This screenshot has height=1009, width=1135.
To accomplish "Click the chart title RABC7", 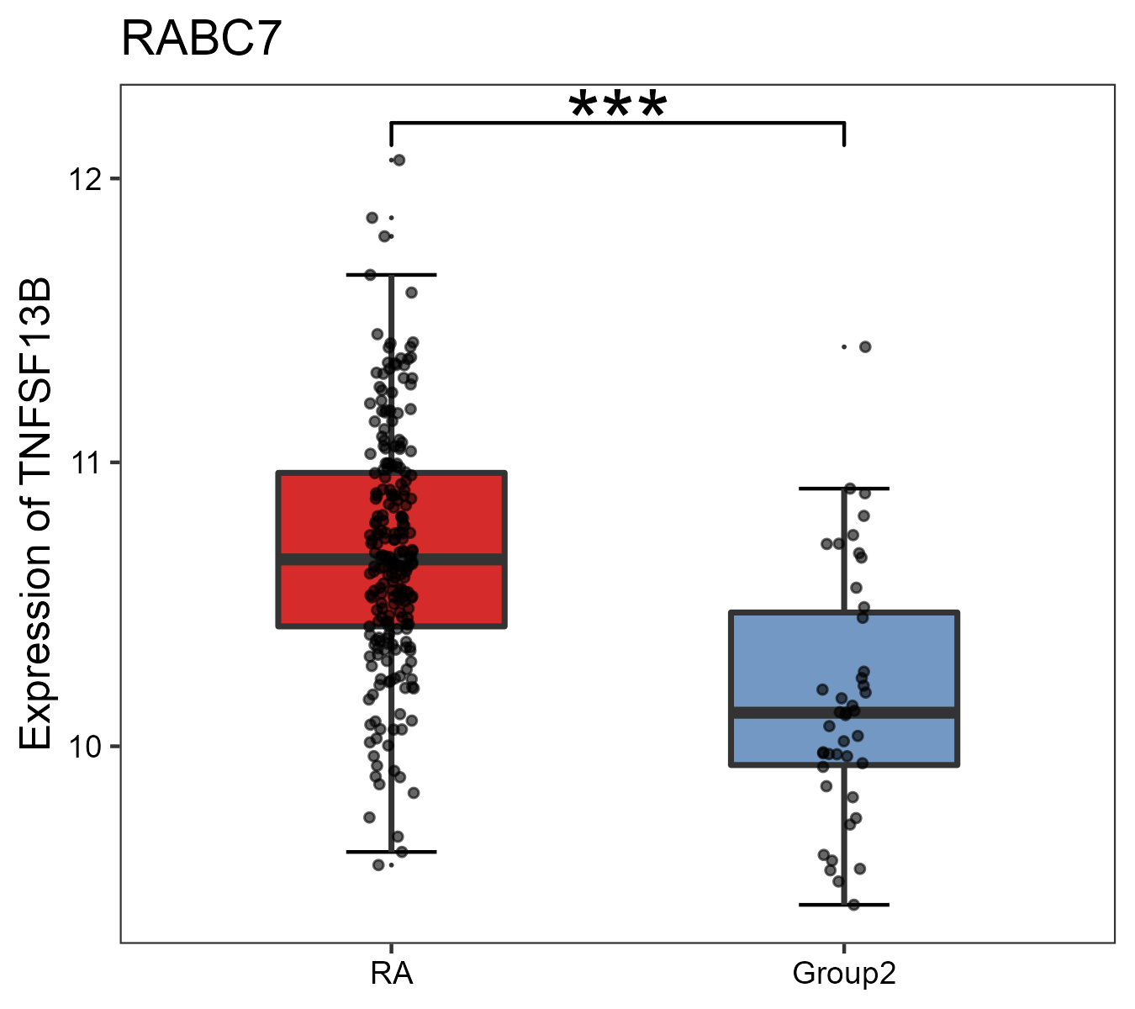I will tap(201, 40).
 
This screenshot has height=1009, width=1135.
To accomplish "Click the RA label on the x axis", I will tap(391, 974).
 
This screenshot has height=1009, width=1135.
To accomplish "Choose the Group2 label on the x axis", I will tap(844, 974).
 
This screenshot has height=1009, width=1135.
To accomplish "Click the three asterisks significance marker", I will tap(618, 106).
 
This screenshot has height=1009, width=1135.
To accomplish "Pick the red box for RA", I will tap(319, 513).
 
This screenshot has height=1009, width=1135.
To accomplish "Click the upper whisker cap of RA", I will tap(391, 275).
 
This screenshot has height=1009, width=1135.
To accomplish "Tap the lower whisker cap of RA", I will tap(391, 852).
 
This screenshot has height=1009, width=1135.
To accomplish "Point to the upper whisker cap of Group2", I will tap(844, 488).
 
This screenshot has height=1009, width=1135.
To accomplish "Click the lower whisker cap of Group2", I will tap(844, 905).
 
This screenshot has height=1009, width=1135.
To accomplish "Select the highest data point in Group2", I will tap(865, 346).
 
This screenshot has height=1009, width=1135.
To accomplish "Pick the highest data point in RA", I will tap(399, 160).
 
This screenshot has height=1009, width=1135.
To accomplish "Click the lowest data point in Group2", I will tap(853, 905).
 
